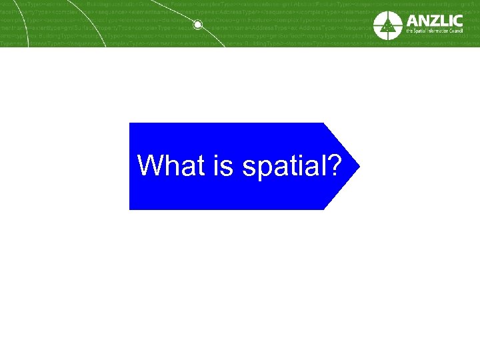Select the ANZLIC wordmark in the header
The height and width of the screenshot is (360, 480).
(x=433, y=19)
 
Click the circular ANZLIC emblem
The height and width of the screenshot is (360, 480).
(x=388, y=25)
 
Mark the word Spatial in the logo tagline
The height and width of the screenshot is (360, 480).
(x=421, y=32)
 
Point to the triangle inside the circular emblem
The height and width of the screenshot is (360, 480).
(x=388, y=27)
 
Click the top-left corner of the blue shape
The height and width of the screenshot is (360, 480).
(x=130, y=123)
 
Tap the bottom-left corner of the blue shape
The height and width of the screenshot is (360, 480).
(x=130, y=209)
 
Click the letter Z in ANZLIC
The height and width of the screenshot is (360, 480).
(x=433, y=19)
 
